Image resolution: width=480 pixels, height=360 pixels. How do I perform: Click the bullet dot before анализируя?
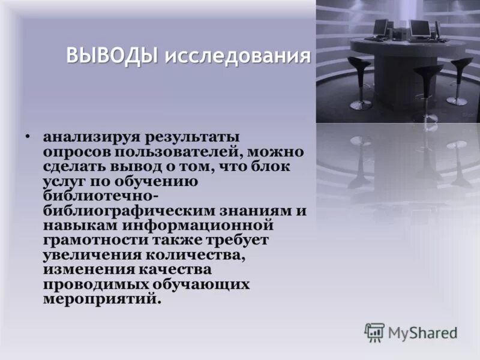click(27, 137)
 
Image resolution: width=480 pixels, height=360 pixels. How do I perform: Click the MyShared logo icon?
click(374, 332)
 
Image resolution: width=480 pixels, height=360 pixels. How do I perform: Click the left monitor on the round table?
click(380, 28)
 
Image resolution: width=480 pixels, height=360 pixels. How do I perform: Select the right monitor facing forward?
click(419, 27)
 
